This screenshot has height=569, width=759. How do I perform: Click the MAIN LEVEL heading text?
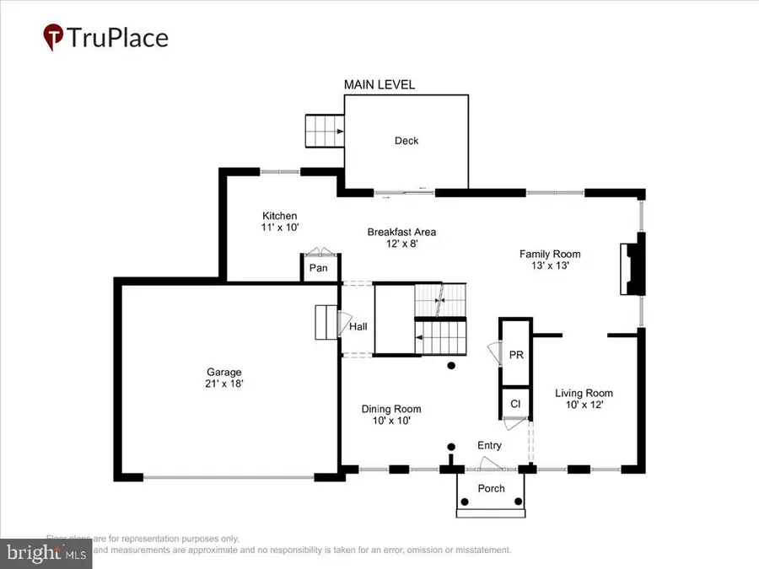coord(379,84)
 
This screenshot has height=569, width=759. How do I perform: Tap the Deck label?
coord(406,141)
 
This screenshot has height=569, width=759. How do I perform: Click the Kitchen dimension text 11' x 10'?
coord(279,228)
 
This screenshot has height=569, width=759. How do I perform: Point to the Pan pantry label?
coord(318,268)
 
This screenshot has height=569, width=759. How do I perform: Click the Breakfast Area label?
coord(401,232)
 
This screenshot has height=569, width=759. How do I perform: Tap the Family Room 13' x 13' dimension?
coord(550,266)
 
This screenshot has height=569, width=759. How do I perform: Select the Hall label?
coord(358,327)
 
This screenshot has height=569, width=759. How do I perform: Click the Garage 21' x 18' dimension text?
coord(224,384)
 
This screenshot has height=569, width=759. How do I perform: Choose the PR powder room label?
coord(516,356)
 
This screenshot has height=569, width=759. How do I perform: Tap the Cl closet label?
coord(515,404)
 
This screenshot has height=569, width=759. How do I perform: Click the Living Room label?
coord(584,393)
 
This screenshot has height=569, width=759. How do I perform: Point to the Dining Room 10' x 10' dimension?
coord(391,420)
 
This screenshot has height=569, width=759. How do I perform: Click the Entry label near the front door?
coord(489,445)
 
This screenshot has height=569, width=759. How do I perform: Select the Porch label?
coord(492,488)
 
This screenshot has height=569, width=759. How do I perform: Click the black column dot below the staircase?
coord(451,366)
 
